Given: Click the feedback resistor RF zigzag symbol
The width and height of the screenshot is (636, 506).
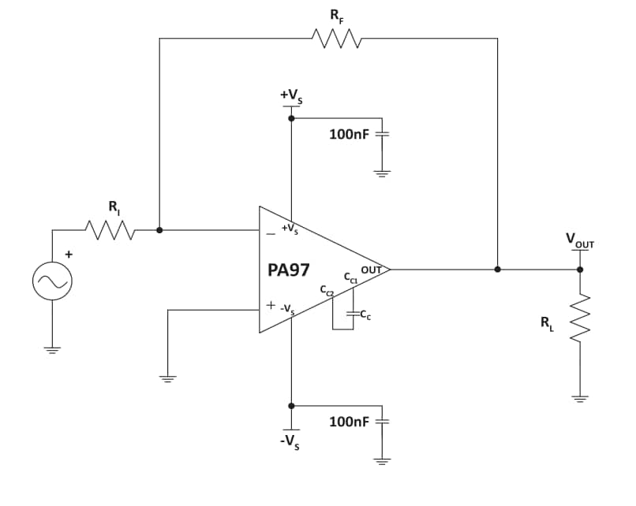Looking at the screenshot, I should [x=337, y=38].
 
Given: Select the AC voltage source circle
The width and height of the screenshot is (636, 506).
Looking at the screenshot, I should [x=53, y=281].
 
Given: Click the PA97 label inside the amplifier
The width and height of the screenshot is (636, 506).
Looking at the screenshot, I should [x=289, y=270].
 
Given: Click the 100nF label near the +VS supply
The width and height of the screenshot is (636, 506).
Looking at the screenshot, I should [x=349, y=135].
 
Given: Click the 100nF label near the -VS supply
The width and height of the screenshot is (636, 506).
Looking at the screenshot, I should [x=349, y=422].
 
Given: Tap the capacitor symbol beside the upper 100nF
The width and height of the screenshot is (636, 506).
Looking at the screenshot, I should [x=383, y=134].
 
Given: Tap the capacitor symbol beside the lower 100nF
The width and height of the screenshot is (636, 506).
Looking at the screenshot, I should [x=383, y=421].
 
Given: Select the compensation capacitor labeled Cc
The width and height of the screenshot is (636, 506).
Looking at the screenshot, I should [x=353, y=314].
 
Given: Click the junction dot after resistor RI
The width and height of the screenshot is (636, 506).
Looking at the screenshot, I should [x=159, y=231].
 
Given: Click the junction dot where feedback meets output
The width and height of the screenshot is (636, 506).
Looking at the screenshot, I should [x=497, y=269].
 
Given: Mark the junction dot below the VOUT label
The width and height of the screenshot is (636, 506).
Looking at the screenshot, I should [x=580, y=269].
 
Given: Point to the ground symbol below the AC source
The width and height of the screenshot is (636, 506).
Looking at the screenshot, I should [x=53, y=351].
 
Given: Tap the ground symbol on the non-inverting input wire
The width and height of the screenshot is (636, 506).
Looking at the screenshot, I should [x=167, y=378].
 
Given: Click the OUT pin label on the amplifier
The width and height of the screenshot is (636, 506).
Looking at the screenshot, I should [x=371, y=270].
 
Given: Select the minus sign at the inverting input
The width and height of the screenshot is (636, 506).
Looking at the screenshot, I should [x=271, y=233].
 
